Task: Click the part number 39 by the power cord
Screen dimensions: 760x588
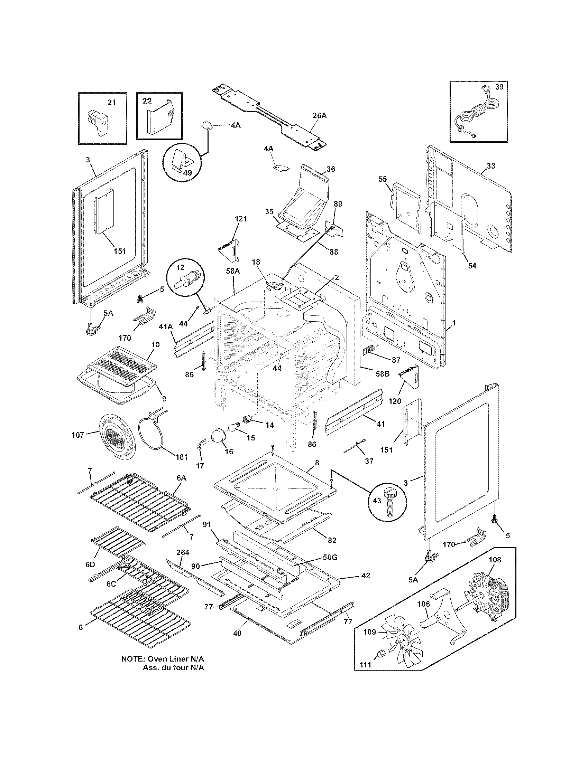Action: (x=499, y=87)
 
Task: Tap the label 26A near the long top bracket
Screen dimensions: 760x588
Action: (x=319, y=116)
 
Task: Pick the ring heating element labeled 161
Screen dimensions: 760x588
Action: (x=153, y=433)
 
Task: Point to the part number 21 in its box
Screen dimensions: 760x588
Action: (x=111, y=102)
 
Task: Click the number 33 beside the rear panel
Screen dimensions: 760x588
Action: (x=490, y=166)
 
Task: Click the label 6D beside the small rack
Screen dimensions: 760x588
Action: (x=90, y=564)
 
